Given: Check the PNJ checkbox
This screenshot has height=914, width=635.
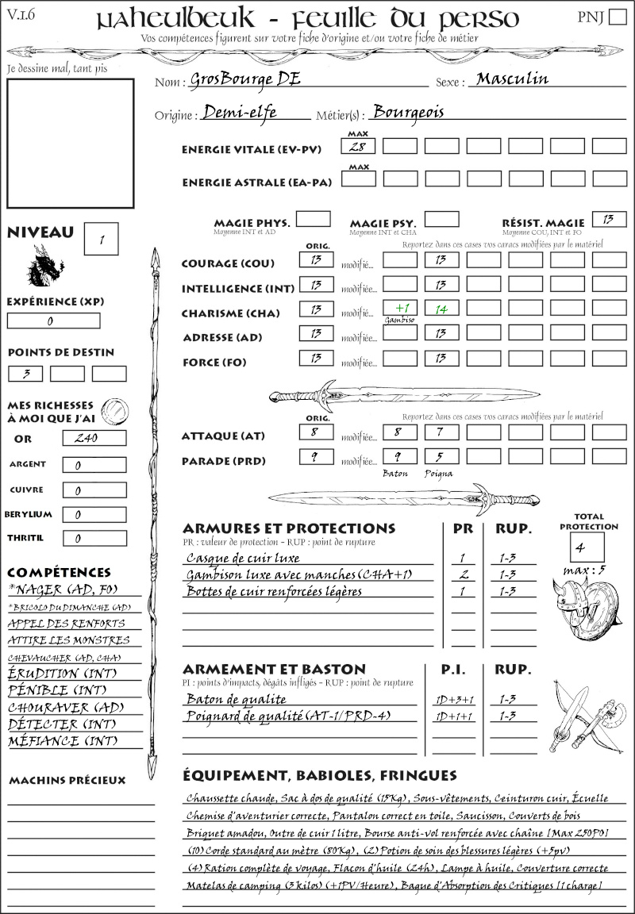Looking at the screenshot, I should point(616,17).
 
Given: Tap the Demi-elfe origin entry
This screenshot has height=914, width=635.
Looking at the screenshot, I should point(240,112).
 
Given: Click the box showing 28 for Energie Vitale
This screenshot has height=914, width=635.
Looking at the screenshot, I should point(359,146).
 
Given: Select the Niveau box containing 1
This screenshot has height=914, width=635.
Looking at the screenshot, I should point(102,238).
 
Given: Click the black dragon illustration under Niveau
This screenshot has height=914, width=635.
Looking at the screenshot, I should point(45,266).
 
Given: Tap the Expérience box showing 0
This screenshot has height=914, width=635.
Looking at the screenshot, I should point(53,321).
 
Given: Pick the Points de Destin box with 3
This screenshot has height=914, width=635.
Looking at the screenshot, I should point(25,374).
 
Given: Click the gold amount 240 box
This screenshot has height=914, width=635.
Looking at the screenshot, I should point(94,438).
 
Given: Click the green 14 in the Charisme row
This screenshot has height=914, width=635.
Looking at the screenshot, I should point(441,309).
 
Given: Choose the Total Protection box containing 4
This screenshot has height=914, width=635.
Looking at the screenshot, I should point(587,547).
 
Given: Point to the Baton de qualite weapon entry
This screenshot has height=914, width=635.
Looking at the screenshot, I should point(236,699).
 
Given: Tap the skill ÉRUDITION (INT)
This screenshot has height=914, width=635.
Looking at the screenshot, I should point(63,674).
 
